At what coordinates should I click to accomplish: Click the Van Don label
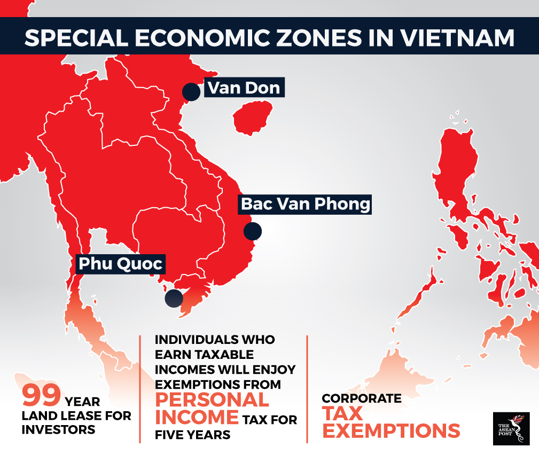point(244,88)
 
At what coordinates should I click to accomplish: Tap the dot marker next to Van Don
point(191,92)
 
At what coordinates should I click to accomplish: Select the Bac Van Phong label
point(305,204)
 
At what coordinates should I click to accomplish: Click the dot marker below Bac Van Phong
point(252,231)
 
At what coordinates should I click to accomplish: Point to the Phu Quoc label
point(120,263)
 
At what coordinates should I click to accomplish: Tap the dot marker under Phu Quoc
point(174,298)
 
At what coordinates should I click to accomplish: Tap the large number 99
point(41,397)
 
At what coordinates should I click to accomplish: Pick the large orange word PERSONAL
point(212,401)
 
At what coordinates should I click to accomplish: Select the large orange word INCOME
point(197,417)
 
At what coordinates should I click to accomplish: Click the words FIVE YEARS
point(193,435)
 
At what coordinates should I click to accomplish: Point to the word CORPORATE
point(361,398)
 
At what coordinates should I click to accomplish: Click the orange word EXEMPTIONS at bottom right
point(391,431)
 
